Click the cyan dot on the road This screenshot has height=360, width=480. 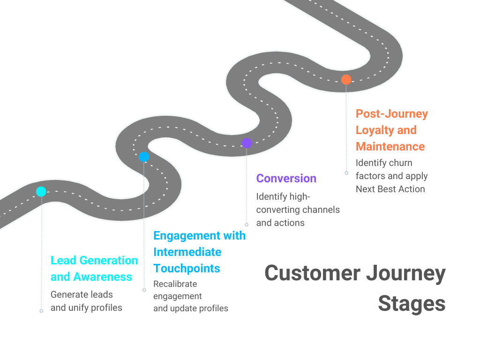click(x=41, y=191)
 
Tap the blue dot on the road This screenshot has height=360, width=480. click(x=144, y=157)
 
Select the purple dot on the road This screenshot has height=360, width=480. click(x=247, y=143)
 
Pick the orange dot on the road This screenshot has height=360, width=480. click(x=346, y=80)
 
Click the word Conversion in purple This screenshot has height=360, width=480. click(x=286, y=179)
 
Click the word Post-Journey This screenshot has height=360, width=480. click(x=391, y=114)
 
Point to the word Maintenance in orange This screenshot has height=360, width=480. click(x=390, y=147)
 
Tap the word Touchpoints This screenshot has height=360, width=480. click(x=187, y=269)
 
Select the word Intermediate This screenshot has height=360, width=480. click(x=187, y=252)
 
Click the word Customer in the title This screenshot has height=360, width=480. click(x=312, y=273)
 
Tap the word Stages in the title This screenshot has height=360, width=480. click(x=412, y=304)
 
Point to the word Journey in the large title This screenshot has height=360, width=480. click(x=406, y=273)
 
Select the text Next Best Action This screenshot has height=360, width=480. click(x=390, y=189)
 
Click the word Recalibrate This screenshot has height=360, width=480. click(x=175, y=284)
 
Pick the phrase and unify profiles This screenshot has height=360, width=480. click(x=86, y=308)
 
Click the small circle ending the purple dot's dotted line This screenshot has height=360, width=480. click(x=247, y=225)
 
